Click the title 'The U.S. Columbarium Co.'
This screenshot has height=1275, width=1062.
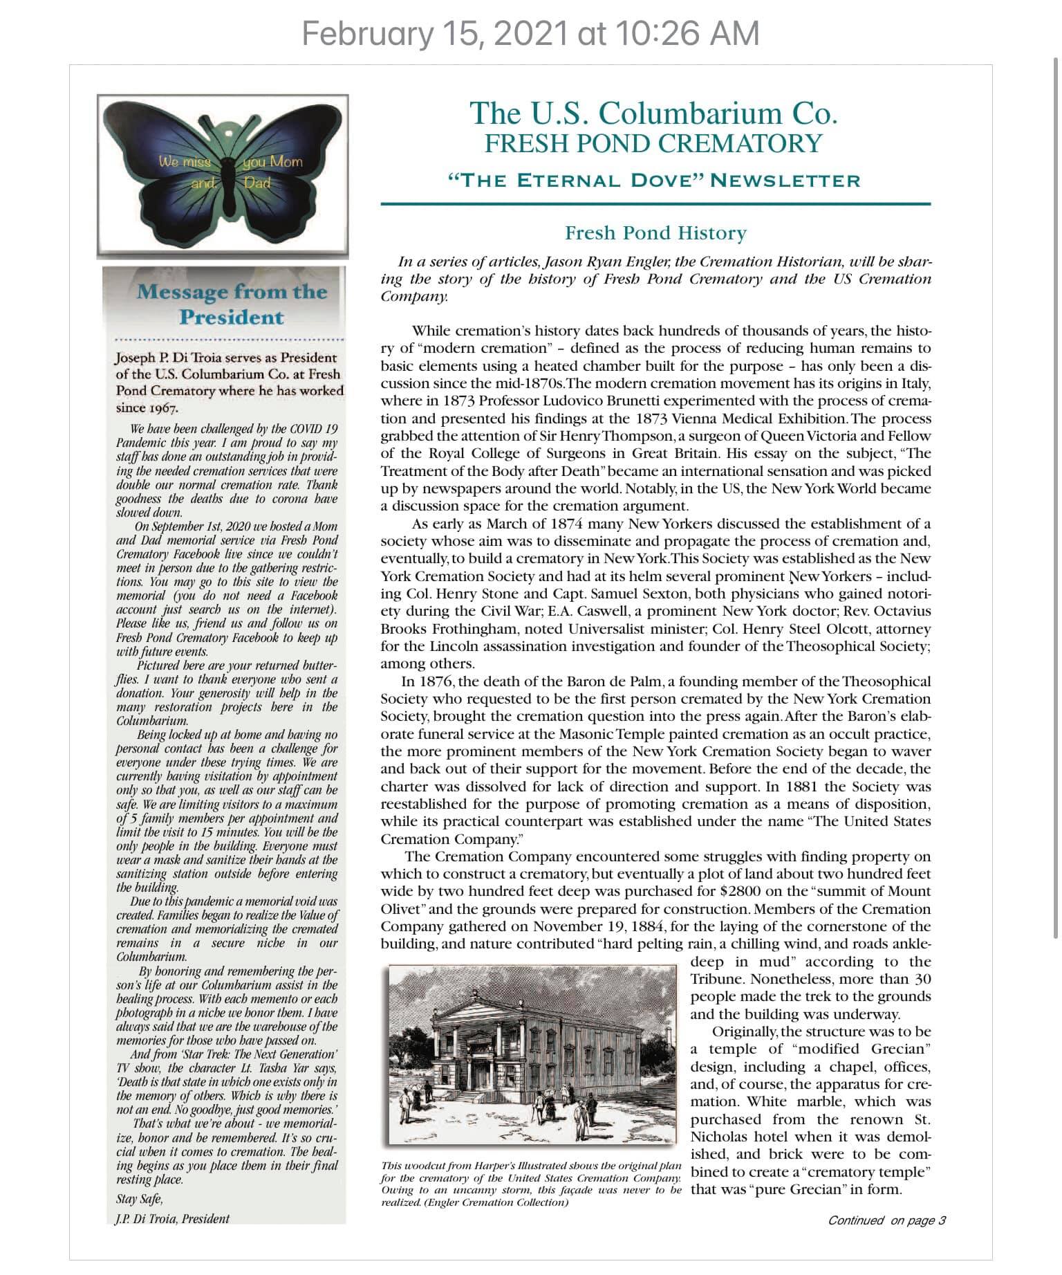click(653, 113)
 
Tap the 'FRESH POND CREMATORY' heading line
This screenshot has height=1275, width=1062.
click(653, 143)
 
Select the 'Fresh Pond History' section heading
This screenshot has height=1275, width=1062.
click(655, 233)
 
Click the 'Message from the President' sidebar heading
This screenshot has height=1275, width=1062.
click(231, 304)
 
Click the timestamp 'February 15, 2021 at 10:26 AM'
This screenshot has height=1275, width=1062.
click(530, 33)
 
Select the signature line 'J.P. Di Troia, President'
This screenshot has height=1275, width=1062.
click(172, 1218)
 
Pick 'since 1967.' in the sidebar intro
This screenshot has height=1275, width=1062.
click(147, 407)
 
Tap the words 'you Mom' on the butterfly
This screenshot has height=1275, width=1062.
click(272, 162)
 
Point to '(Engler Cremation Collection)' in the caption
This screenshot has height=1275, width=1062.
click(475, 1203)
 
